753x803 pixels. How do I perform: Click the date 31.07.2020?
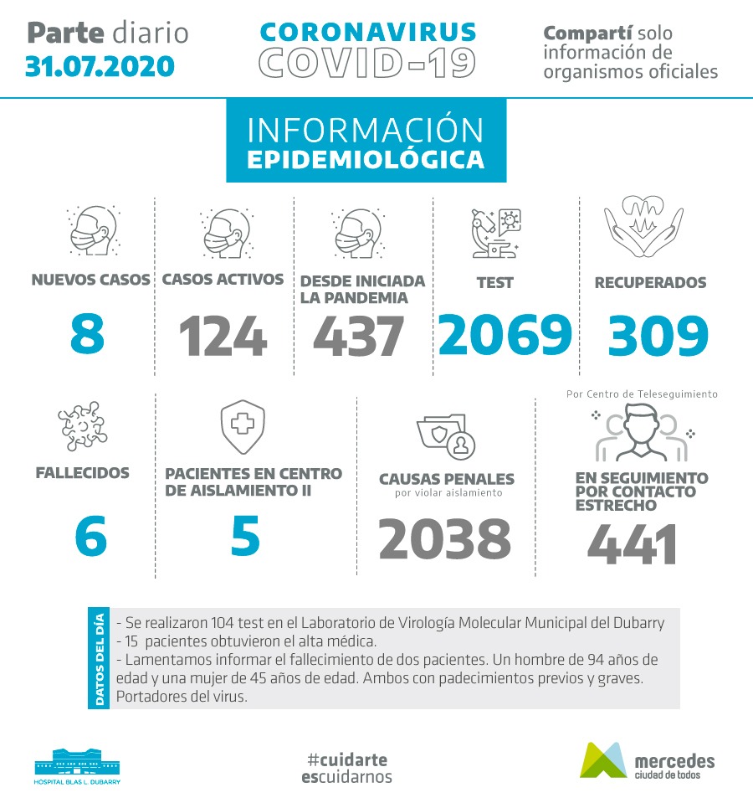tap(100, 65)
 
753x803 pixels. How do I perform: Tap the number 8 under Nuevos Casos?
tap(88, 334)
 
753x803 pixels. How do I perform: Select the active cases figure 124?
tap(223, 337)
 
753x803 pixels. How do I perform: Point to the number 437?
tap(359, 337)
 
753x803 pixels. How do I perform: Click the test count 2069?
tap(505, 334)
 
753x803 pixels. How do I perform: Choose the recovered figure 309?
tap(658, 336)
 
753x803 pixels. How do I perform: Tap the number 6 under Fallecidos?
tap(90, 537)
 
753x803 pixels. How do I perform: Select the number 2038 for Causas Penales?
tap(444, 539)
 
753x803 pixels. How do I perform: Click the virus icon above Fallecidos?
tap(83, 426)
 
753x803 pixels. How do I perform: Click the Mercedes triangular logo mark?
tap(602, 759)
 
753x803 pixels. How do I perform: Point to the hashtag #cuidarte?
tap(346, 759)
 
